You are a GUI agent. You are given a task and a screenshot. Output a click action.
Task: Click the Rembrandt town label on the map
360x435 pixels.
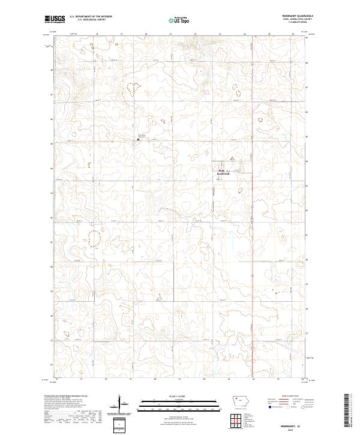click(x=223, y=175)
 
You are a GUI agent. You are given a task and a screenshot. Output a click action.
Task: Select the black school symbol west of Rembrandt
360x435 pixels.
click(x=139, y=140)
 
